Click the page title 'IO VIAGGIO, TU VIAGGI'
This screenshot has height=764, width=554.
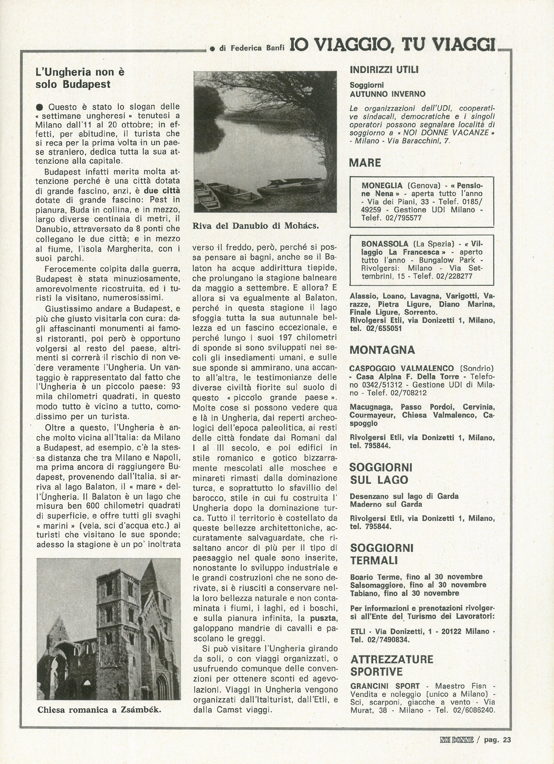(392, 45)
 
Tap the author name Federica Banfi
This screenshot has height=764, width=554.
(252, 48)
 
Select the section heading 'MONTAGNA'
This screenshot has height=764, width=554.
(382, 350)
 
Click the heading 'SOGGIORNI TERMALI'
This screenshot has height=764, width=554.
(382, 554)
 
